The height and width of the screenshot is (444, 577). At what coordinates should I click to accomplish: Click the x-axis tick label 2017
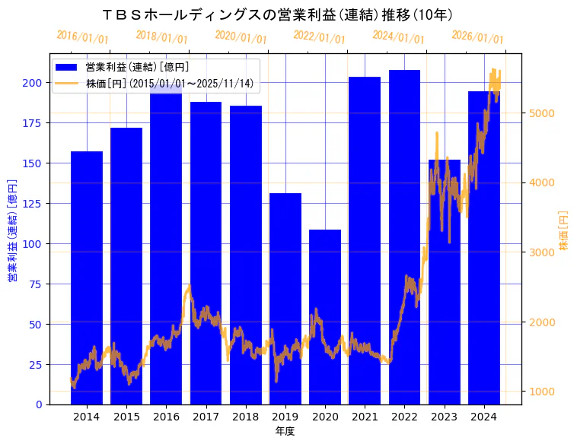pos(206,417)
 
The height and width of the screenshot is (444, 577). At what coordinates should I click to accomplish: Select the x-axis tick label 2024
pos(483,417)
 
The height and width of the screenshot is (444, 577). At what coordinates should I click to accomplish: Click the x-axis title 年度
pos(285,431)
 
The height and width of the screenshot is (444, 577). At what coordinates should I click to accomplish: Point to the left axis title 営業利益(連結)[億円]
pos(12,230)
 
